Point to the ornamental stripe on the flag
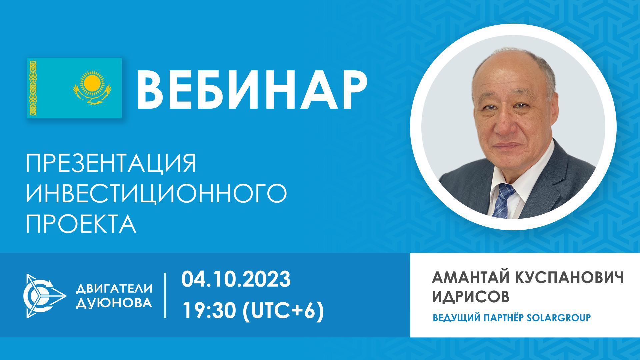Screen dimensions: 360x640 tap(33, 88)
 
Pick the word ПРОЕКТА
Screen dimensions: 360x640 tap(81, 224)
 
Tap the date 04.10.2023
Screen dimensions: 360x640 tap(236, 279)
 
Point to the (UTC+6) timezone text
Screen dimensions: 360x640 tap(284, 311)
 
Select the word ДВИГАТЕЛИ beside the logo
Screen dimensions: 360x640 tap(114, 288)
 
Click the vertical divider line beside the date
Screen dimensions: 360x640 tap(165, 295)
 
